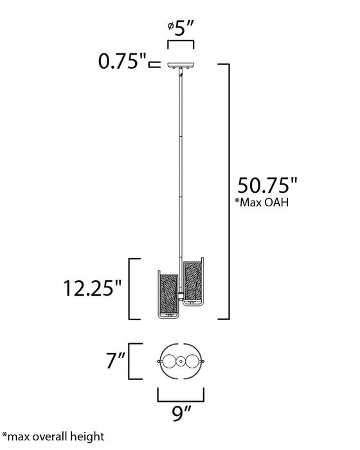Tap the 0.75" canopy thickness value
(120, 63)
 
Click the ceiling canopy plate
(180, 65)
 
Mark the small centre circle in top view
(181, 361)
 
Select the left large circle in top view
(170, 361)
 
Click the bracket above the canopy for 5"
(181, 42)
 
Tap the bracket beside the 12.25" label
(134, 289)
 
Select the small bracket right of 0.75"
(154, 64)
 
